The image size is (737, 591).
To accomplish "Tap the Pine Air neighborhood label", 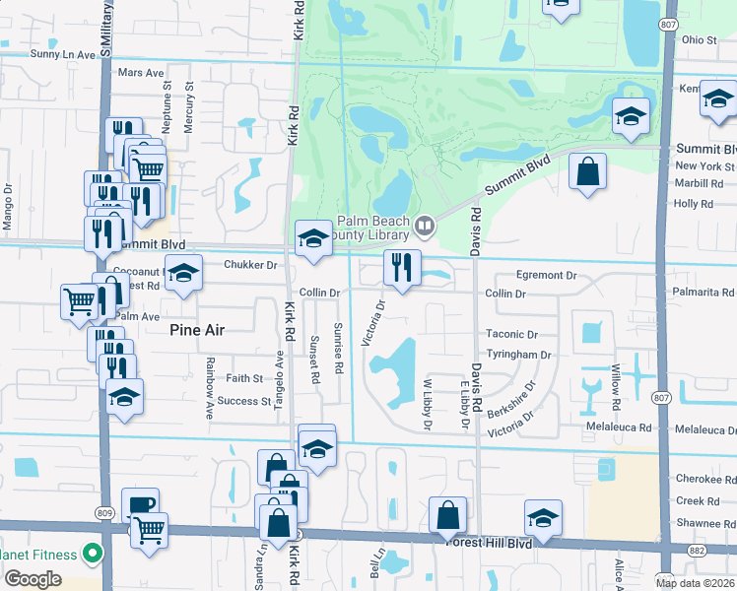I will [x=197, y=331].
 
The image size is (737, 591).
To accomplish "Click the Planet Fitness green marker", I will [x=92, y=555].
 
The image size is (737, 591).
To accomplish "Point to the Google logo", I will [x=33, y=579].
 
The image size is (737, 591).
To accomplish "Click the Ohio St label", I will [x=699, y=39].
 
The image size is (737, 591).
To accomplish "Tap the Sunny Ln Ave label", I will [x=61, y=55].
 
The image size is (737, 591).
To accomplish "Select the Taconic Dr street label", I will [x=511, y=335].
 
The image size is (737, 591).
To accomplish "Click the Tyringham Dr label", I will [x=518, y=355].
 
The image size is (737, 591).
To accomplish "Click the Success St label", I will [x=243, y=402].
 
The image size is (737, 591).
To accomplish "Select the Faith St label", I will [x=244, y=378].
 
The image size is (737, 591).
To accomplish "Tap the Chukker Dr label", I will [x=251, y=265].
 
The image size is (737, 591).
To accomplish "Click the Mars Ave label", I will [x=140, y=73].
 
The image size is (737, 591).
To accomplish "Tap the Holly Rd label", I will [x=693, y=204].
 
